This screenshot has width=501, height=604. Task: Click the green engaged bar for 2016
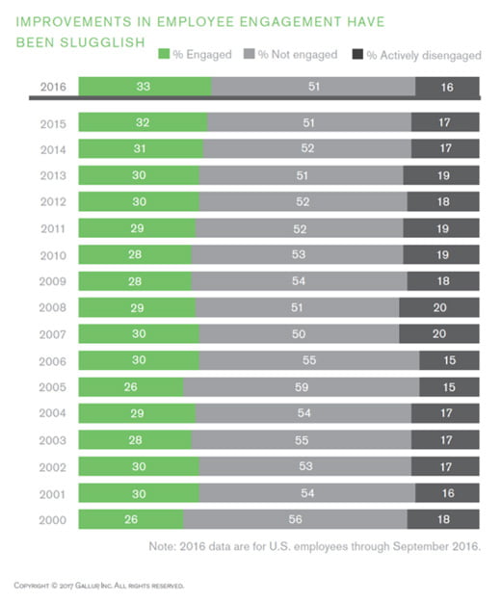(145, 87)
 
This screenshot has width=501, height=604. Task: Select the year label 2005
(54, 387)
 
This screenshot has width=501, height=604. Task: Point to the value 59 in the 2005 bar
(302, 387)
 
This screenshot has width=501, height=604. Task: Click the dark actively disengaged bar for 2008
(439, 307)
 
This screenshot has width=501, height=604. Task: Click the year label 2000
(54, 519)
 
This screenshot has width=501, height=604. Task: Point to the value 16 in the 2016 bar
(447, 87)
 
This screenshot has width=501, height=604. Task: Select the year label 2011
(54, 228)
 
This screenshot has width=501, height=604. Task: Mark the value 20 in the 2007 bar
(439, 334)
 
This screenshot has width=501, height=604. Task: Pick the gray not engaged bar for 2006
(309, 360)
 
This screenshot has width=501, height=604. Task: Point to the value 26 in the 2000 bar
(130, 519)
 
